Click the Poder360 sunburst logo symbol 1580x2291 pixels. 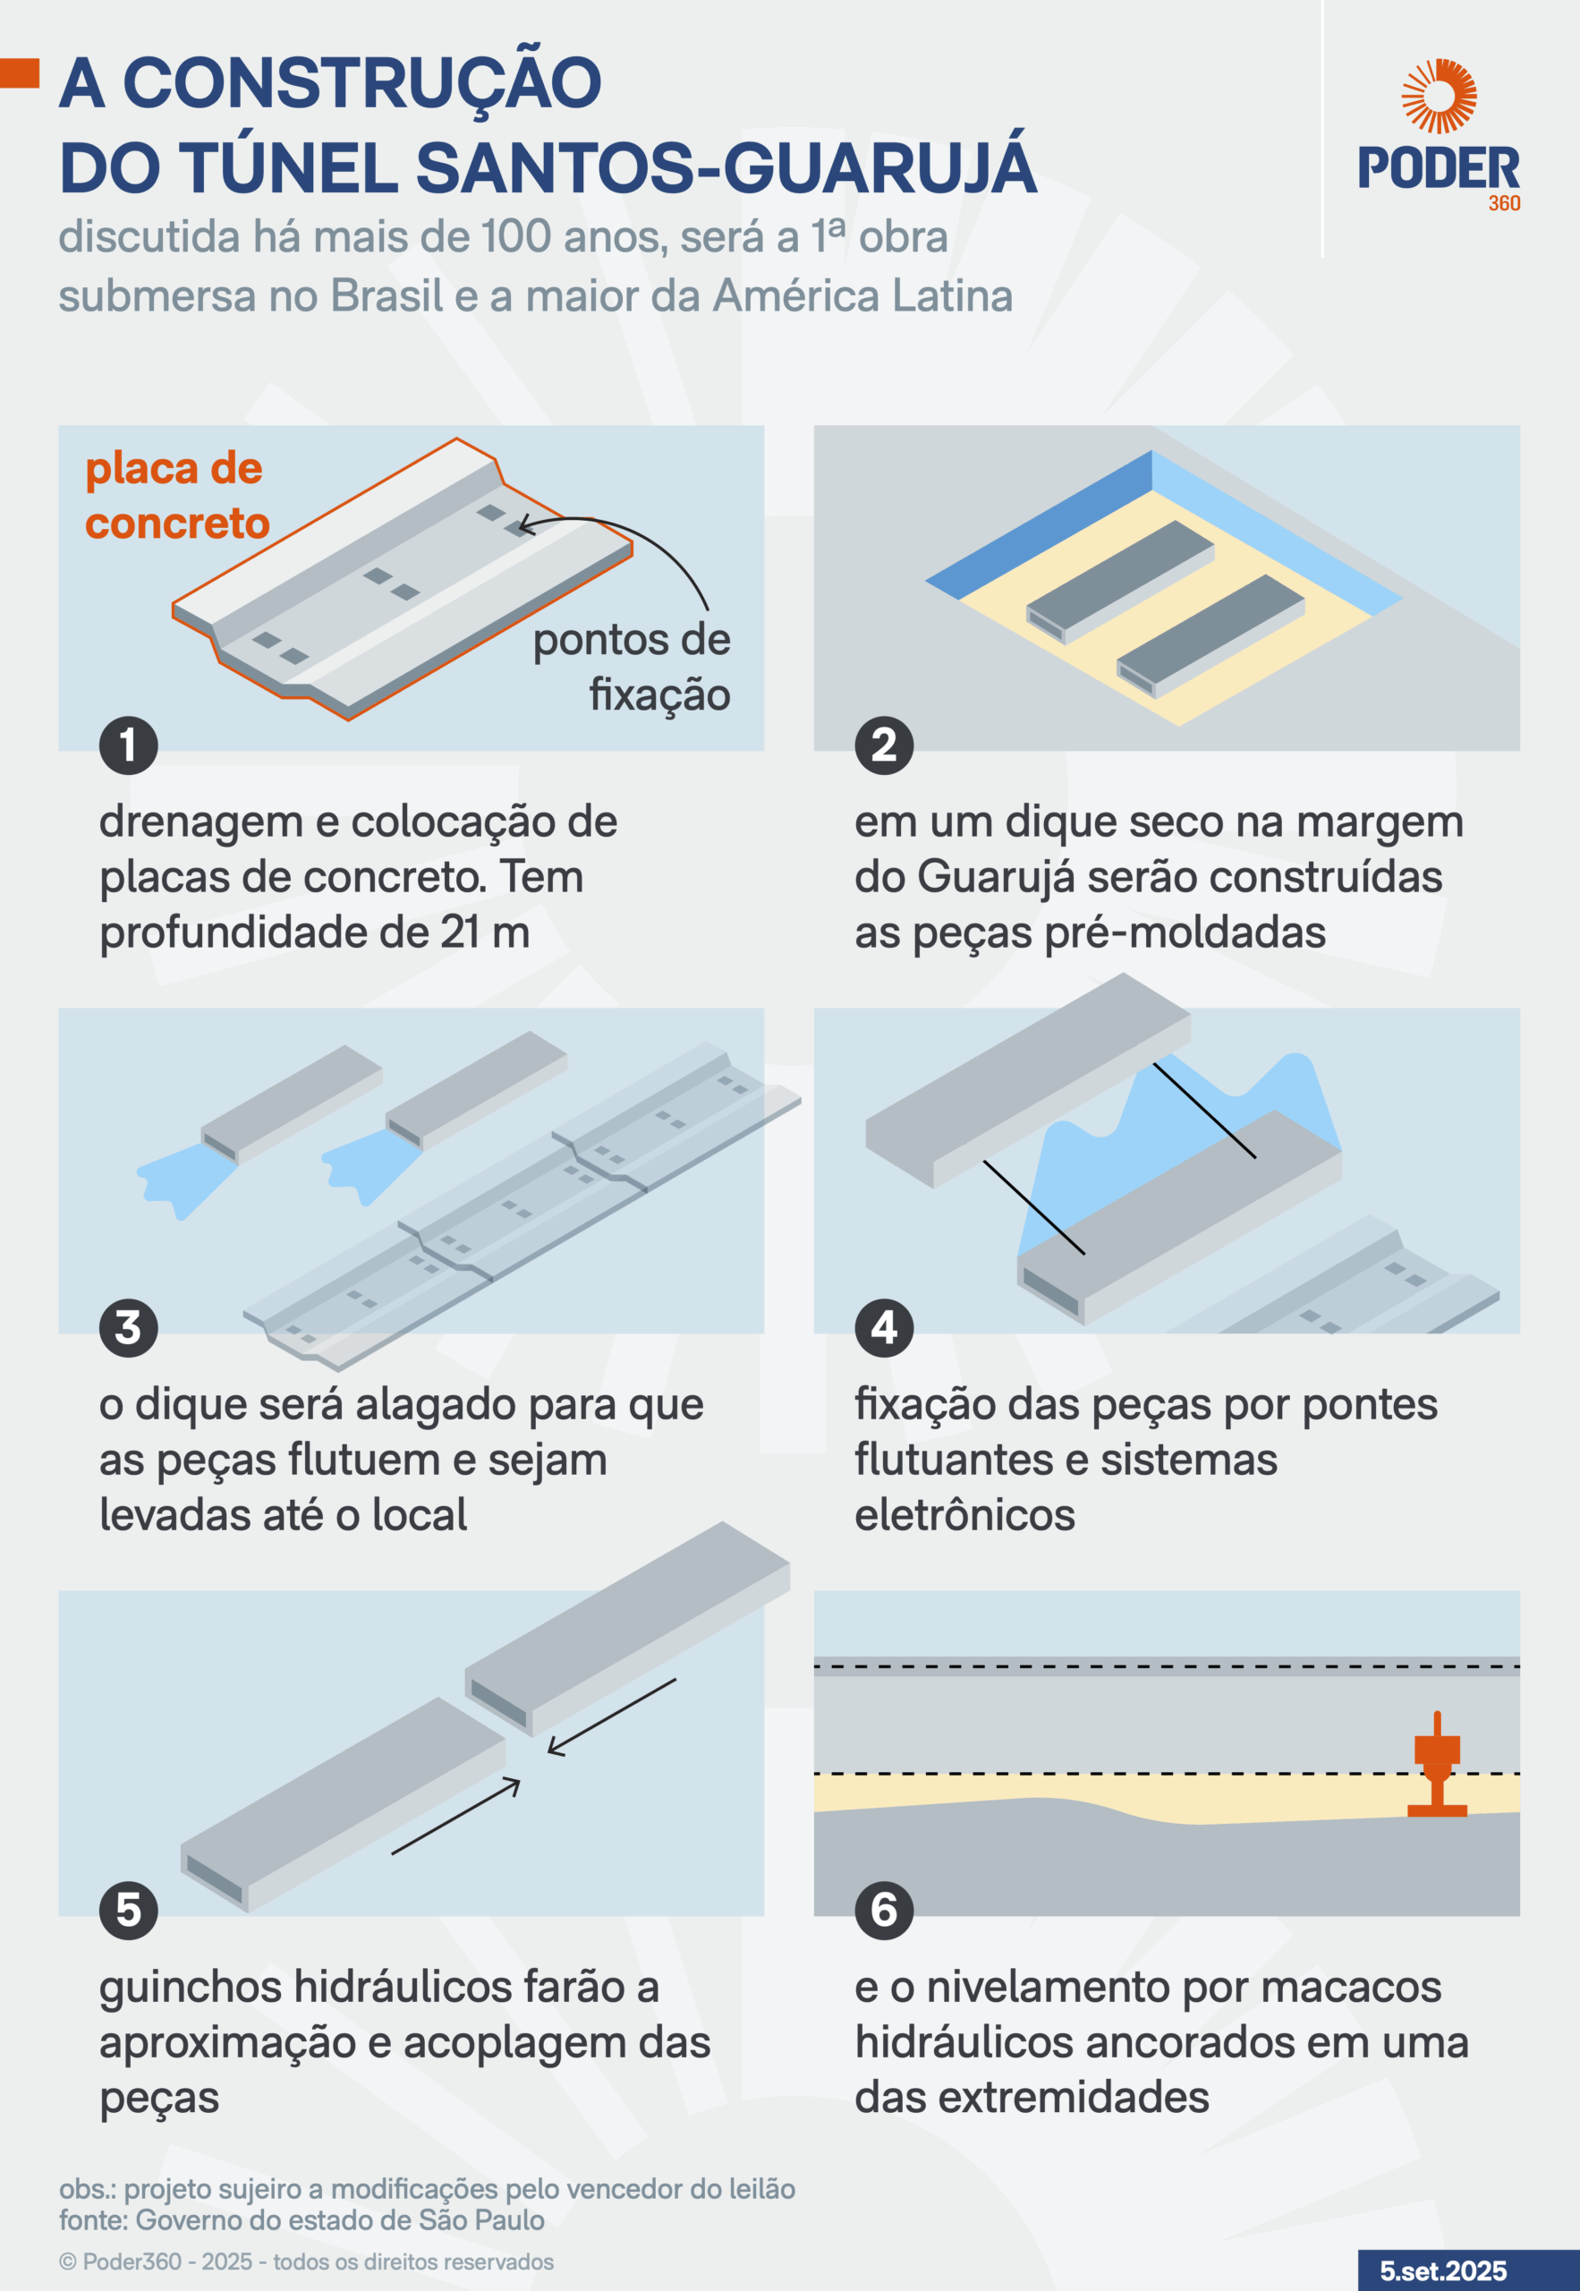pos(1439,95)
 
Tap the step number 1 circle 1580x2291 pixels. pos(129,745)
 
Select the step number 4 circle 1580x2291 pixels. pos(884,1328)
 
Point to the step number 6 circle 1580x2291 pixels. pos(884,1910)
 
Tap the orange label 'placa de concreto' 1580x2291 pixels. pos(177,495)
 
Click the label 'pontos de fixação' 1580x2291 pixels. pos(632,667)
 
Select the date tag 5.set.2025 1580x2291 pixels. pos(1443,2270)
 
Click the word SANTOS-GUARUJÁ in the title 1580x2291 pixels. pos(726,166)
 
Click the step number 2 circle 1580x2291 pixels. pos(884,745)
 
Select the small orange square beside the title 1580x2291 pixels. pos(20,73)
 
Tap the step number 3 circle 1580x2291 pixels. pos(129,1328)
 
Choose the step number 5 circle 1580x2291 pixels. pos(129,1910)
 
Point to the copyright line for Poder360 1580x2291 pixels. pos(306,2261)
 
